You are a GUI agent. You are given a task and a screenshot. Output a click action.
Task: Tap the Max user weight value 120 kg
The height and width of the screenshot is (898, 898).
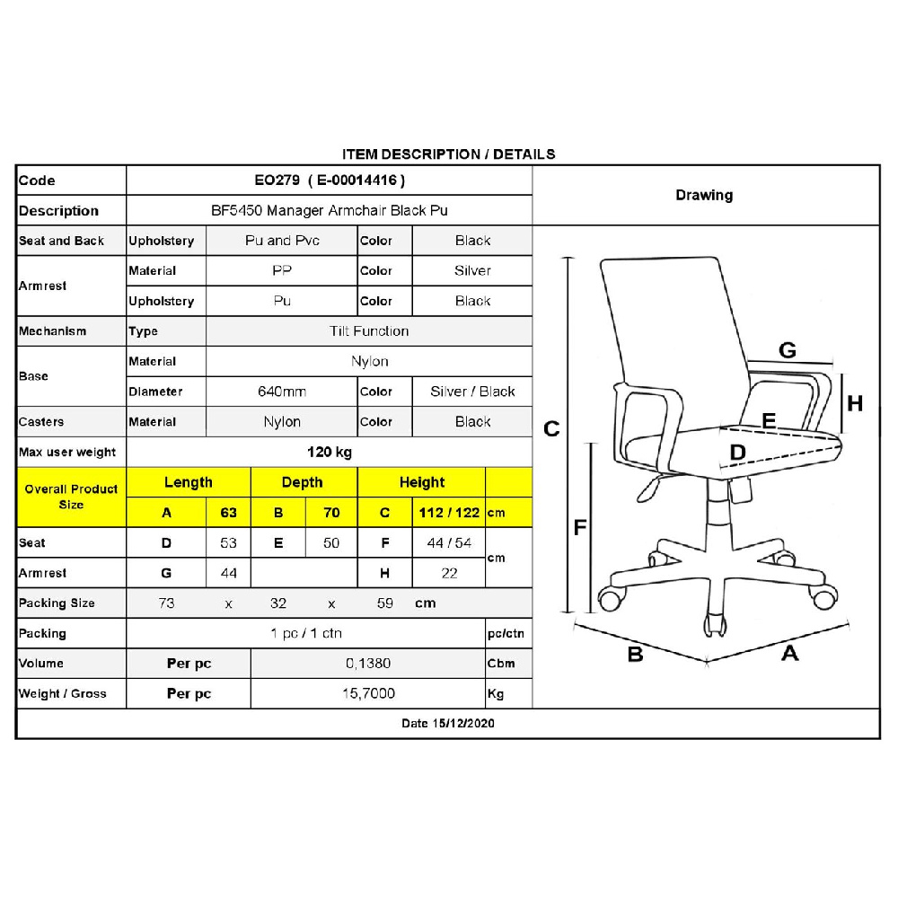pyautogui.click(x=330, y=452)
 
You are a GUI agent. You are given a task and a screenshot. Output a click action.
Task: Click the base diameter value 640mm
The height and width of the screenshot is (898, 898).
pyautogui.click(x=282, y=392)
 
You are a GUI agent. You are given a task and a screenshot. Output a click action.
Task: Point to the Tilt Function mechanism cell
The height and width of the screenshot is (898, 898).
pyautogui.click(x=369, y=330)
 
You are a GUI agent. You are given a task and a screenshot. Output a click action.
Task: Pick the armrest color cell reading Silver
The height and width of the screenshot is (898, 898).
pyautogui.click(x=472, y=270)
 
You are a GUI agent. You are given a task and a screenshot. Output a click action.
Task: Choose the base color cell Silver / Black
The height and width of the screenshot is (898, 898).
pyautogui.click(x=472, y=392)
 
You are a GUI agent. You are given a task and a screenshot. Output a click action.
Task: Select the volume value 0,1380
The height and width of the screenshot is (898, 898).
pyautogui.click(x=368, y=663)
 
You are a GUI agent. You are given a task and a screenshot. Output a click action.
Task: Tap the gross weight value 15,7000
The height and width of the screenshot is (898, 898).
pyautogui.click(x=368, y=693)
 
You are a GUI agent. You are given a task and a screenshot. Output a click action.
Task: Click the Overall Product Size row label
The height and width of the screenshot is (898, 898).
pyautogui.click(x=71, y=497)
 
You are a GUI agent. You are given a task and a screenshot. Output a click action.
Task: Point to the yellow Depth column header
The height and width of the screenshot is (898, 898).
pyautogui.click(x=302, y=482)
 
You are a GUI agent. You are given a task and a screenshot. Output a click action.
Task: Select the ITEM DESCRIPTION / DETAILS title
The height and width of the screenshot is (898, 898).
pyautogui.click(x=449, y=154)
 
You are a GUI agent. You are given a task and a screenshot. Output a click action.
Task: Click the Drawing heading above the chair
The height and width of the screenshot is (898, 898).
pyautogui.click(x=704, y=195)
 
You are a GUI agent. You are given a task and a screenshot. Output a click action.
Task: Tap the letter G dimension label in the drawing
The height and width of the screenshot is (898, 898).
pyautogui.click(x=787, y=350)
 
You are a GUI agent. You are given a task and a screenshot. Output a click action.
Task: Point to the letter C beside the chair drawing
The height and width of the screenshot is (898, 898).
pyautogui.click(x=552, y=428)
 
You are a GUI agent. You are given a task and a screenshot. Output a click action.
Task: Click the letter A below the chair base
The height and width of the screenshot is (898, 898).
pyautogui.click(x=789, y=653)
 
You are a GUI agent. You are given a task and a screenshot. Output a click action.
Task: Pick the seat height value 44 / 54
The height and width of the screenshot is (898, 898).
pyautogui.click(x=450, y=542)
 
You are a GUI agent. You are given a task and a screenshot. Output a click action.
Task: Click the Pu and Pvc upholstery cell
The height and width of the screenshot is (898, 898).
pyautogui.click(x=282, y=241)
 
